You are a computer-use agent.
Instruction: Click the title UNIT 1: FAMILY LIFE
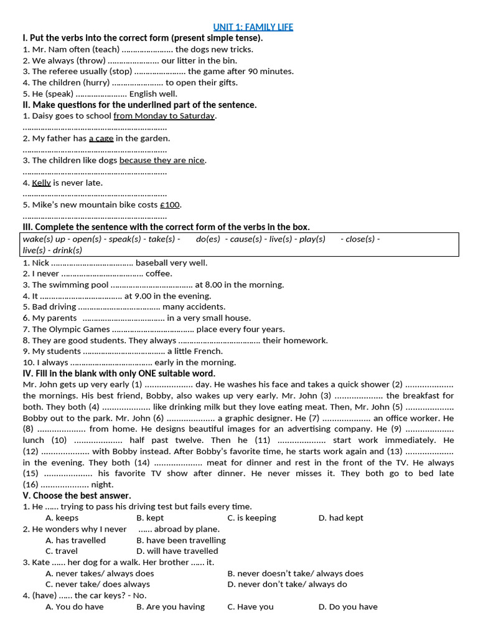click(253, 27)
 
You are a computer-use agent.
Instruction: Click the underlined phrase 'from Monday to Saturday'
click(164, 116)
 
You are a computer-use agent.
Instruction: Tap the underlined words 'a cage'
click(101, 138)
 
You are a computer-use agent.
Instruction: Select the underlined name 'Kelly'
click(41, 183)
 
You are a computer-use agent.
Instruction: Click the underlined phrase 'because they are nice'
click(162, 161)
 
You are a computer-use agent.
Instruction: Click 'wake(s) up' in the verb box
click(44, 239)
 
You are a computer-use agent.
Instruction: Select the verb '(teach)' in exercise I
click(105, 49)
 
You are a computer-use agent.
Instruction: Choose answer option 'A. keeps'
click(62, 518)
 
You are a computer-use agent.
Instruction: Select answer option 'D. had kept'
click(340, 518)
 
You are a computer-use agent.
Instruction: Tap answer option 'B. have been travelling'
click(180, 540)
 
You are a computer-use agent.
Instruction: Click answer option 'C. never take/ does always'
click(98, 584)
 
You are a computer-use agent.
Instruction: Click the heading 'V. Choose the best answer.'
click(77, 495)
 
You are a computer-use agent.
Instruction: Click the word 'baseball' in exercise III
click(152, 263)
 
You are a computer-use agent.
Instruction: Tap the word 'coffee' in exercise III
click(159, 274)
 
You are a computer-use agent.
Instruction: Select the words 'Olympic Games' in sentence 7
click(79, 330)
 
